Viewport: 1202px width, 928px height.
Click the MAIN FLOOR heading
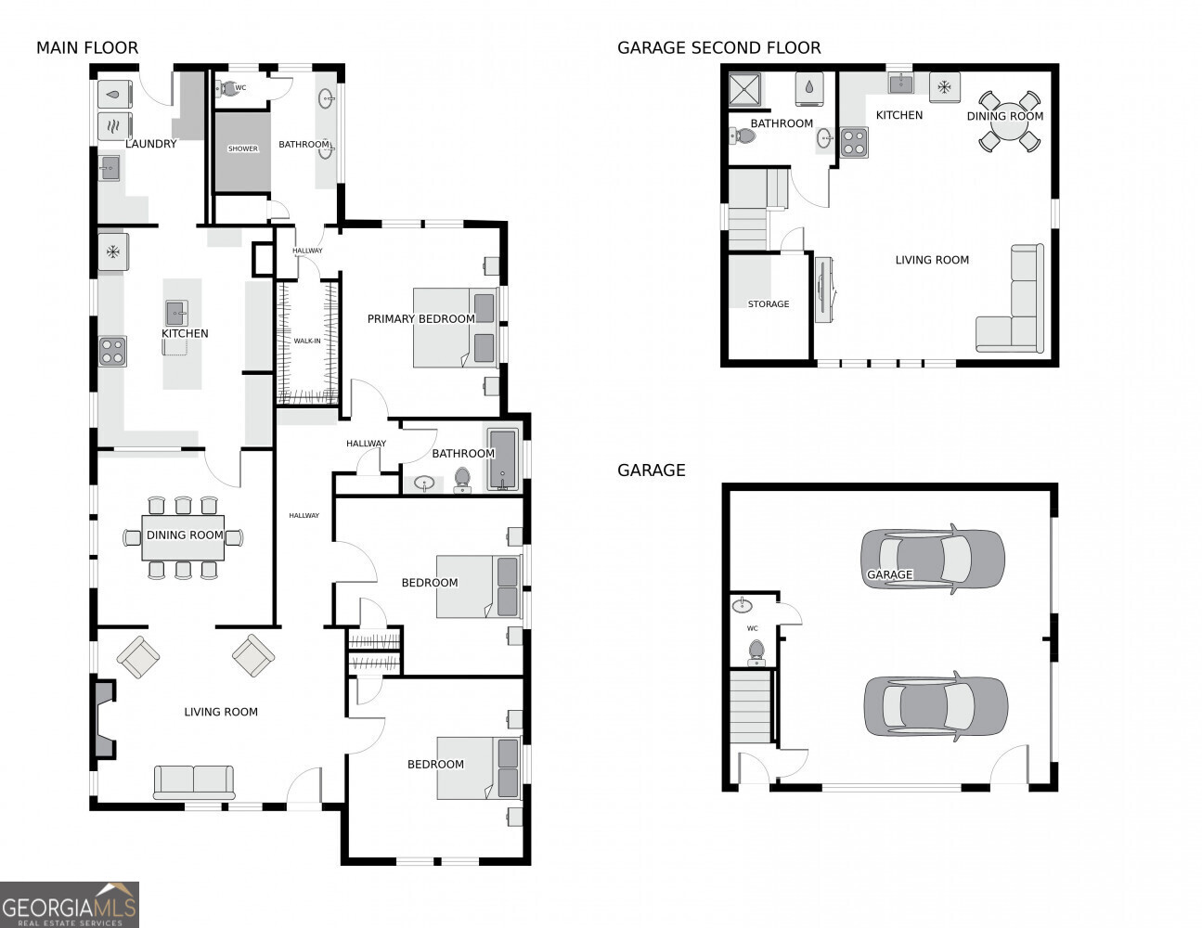pos(87,47)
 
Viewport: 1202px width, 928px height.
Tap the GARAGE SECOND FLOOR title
pos(718,47)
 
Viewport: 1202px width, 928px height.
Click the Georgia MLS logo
pos(69,904)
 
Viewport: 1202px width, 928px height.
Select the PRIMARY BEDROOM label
pos(420,318)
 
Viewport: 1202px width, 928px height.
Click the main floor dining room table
pos(184,538)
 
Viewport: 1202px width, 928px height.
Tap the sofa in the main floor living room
pos(194,781)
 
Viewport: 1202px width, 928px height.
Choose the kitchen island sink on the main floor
pos(176,313)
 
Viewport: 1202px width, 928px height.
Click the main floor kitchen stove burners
pos(112,352)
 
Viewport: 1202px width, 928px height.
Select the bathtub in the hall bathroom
pos(502,458)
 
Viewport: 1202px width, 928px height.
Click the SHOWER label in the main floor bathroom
pos(242,148)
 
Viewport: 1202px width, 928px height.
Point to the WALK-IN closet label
pos(307,341)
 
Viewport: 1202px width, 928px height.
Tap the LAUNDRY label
pos(150,144)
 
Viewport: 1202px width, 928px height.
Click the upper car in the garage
pos(932,560)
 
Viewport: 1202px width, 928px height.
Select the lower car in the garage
pos(935,706)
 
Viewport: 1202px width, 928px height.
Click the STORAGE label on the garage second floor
pos(769,303)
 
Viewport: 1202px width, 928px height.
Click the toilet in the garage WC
pos(756,651)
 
